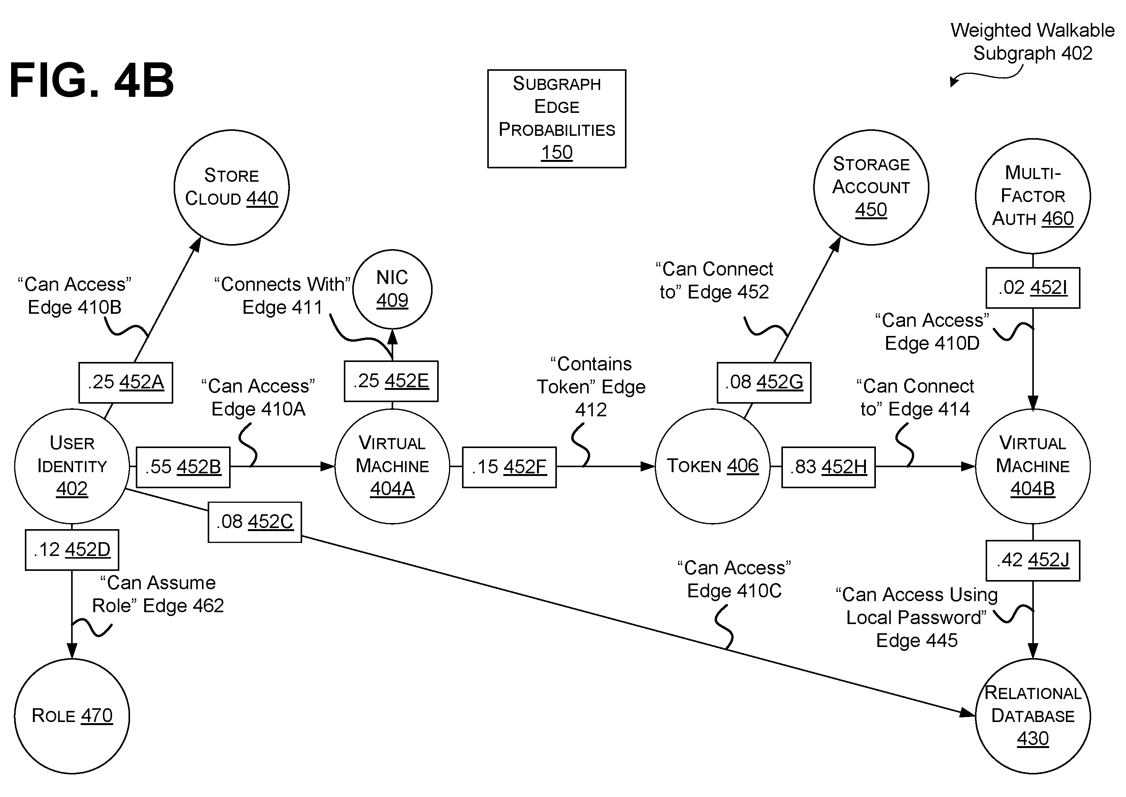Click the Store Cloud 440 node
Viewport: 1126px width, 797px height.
point(231,187)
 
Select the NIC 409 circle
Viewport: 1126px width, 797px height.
point(392,290)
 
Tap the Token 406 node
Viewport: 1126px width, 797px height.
point(713,466)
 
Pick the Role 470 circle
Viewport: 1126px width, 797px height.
point(72,716)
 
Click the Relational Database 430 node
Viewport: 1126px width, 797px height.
point(1033,716)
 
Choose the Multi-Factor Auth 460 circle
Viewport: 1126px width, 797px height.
point(1033,196)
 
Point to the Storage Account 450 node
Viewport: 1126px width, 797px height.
point(871,187)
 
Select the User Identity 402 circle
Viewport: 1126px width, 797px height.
point(72,466)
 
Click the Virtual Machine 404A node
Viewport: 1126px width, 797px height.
point(392,466)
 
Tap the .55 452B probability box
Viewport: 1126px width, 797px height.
point(183,467)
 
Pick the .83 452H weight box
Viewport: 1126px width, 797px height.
point(828,467)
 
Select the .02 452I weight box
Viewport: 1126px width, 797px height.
point(1033,288)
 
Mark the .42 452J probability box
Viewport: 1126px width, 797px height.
point(1033,561)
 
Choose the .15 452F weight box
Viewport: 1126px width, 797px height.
point(509,467)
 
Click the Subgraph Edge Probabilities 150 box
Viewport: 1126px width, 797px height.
point(556,119)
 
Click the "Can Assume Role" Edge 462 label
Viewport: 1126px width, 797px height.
point(158,594)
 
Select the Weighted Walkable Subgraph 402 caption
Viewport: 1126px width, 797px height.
point(1032,42)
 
